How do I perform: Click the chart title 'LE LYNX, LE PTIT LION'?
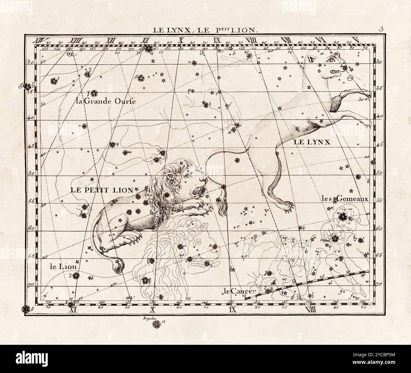coord(205,30)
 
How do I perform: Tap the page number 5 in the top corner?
coord(381,29)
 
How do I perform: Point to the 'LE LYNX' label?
coord(312,142)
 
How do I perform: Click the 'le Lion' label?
coord(63,267)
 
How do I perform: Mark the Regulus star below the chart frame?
coord(156,324)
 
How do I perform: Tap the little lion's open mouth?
coord(200,190)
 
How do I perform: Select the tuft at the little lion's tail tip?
coord(120,268)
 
